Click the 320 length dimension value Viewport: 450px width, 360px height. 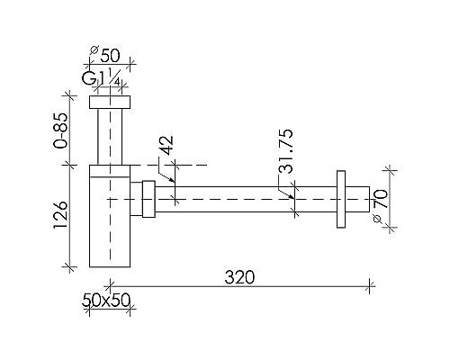coord(239,277)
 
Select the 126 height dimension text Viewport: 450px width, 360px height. coord(61,216)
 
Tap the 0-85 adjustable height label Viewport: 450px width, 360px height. coord(61,130)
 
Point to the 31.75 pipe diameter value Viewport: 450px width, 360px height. coord(285,151)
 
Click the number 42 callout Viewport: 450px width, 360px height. coord(166,146)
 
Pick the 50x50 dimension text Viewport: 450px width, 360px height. coord(106,300)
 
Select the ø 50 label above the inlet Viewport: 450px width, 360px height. coord(105,54)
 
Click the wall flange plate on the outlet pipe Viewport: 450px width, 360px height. coord(341,199)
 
